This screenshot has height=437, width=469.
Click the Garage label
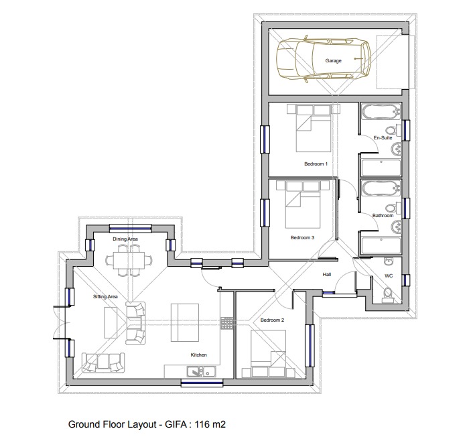(333, 61)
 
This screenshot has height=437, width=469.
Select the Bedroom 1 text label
(316, 164)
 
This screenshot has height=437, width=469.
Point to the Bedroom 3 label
(302, 237)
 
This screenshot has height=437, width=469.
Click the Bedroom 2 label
(273, 320)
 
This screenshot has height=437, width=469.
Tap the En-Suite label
(382, 138)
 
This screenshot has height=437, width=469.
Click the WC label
(388, 275)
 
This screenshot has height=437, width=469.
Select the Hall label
(327, 275)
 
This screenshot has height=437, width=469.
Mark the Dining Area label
(125, 239)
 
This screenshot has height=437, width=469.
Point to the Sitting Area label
(105, 296)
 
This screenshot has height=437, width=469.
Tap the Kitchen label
(198, 355)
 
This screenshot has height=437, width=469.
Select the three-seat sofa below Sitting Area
(103, 363)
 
